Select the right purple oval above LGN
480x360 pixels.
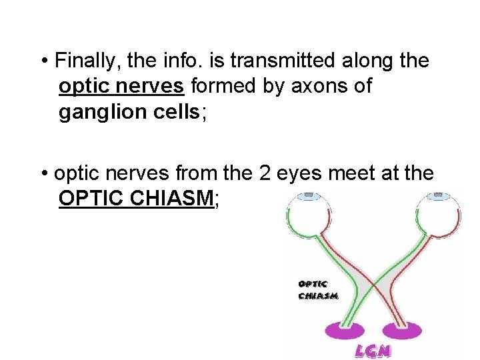click(401, 329)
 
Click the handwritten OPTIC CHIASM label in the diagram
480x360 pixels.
click(318, 289)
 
